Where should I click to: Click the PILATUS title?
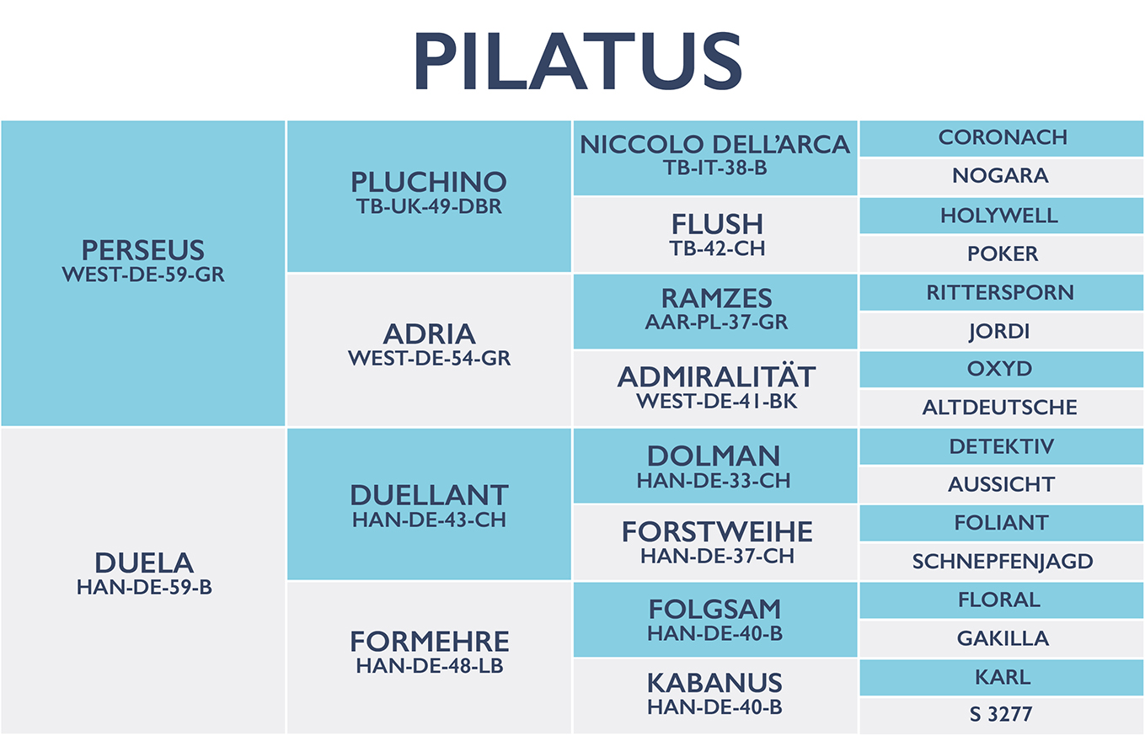coord(578,61)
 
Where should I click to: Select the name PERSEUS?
coord(143,250)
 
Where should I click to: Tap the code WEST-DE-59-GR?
coord(143,275)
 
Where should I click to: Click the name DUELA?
coord(144,563)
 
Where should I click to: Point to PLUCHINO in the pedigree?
coord(429,182)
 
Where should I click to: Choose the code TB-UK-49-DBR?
coord(429,206)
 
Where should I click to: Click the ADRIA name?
coord(430,334)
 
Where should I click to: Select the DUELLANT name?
coord(430,495)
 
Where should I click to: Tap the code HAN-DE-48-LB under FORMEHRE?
coord(430,666)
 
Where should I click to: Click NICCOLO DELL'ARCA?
coord(714,145)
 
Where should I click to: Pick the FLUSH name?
coord(717,224)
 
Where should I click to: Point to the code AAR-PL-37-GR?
coord(716,323)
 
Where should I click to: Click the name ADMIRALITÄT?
coord(716,377)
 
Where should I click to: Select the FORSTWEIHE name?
coord(717,531)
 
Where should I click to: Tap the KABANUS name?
coord(714,683)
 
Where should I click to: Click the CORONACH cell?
coord(1002,138)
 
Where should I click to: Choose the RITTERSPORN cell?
coord(1002,293)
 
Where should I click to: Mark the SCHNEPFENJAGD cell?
coord(1002,562)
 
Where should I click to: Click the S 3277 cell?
coord(1002,715)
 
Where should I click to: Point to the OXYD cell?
coord(1002,370)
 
